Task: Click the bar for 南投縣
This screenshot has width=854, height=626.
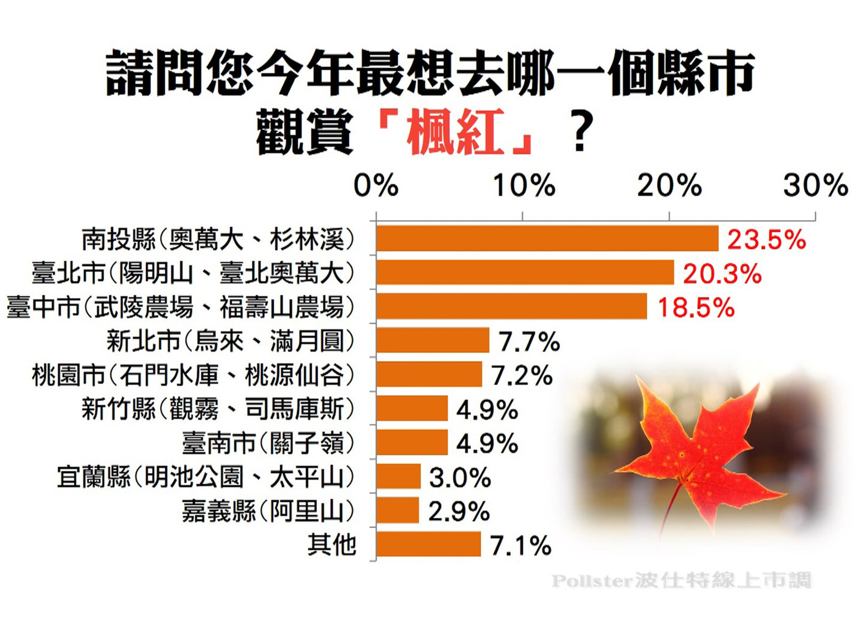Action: point(547,239)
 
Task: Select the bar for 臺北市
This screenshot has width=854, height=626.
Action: point(525,272)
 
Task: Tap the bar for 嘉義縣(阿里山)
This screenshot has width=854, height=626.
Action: point(398,510)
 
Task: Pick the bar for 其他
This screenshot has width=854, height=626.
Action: point(428,544)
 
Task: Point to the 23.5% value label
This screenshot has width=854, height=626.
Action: point(766,240)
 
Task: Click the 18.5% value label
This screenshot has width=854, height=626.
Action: point(695,308)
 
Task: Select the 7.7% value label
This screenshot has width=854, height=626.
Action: point(529,342)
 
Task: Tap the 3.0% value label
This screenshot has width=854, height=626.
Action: point(460,477)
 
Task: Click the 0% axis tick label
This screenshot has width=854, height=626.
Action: point(376,186)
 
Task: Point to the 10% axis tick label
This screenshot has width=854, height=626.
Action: point(524,186)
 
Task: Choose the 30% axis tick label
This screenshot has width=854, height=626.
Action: point(815,186)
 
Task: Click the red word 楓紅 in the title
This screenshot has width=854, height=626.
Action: point(455,132)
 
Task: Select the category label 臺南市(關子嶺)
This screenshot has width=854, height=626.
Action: point(268,443)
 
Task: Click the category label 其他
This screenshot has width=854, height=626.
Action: point(331,544)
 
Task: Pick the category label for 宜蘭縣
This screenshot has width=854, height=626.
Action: point(205,477)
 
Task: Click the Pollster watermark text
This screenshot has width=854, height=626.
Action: point(681,580)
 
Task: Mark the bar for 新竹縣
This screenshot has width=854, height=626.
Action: point(412,408)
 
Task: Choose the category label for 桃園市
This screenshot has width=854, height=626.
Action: point(193,375)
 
